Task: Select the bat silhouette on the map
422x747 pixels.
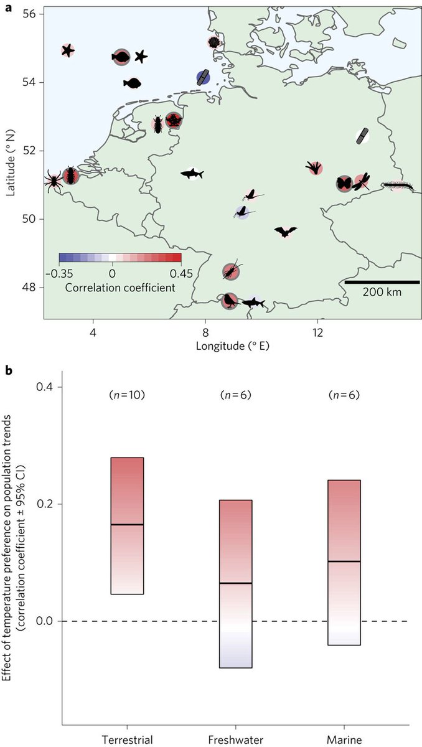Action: coord(286,232)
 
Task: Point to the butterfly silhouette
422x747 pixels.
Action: coord(344,183)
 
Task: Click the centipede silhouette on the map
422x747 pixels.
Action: coord(395,185)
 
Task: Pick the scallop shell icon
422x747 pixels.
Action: coord(215,42)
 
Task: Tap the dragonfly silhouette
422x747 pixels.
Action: coord(362,181)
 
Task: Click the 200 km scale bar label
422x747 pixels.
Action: coord(382,291)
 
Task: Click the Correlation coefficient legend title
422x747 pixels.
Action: coord(120,287)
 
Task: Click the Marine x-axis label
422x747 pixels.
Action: coord(344,739)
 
